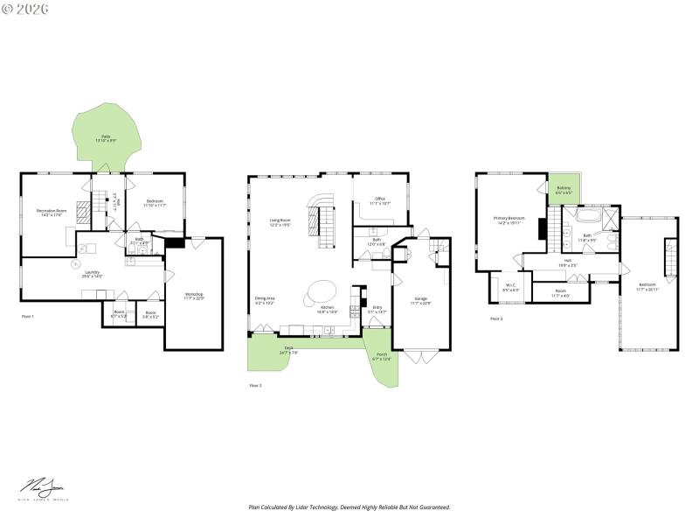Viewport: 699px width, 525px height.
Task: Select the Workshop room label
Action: coord(194,296)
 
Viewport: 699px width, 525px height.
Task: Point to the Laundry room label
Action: coord(91,273)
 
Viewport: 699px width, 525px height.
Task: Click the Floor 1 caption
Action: coord(28,316)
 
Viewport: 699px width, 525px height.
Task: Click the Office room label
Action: coord(380,200)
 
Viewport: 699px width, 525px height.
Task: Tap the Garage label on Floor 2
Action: coord(421,301)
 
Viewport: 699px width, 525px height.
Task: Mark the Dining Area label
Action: coord(265,300)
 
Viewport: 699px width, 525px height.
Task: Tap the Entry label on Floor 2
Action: coord(377,308)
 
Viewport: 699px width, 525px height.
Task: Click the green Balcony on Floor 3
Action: coord(564,190)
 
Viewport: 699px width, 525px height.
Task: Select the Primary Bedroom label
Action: coord(509,220)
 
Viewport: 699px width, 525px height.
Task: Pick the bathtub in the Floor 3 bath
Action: coord(588,213)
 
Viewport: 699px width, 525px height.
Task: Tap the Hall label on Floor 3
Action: coord(567,262)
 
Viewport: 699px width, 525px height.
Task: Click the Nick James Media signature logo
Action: coord(44,488)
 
